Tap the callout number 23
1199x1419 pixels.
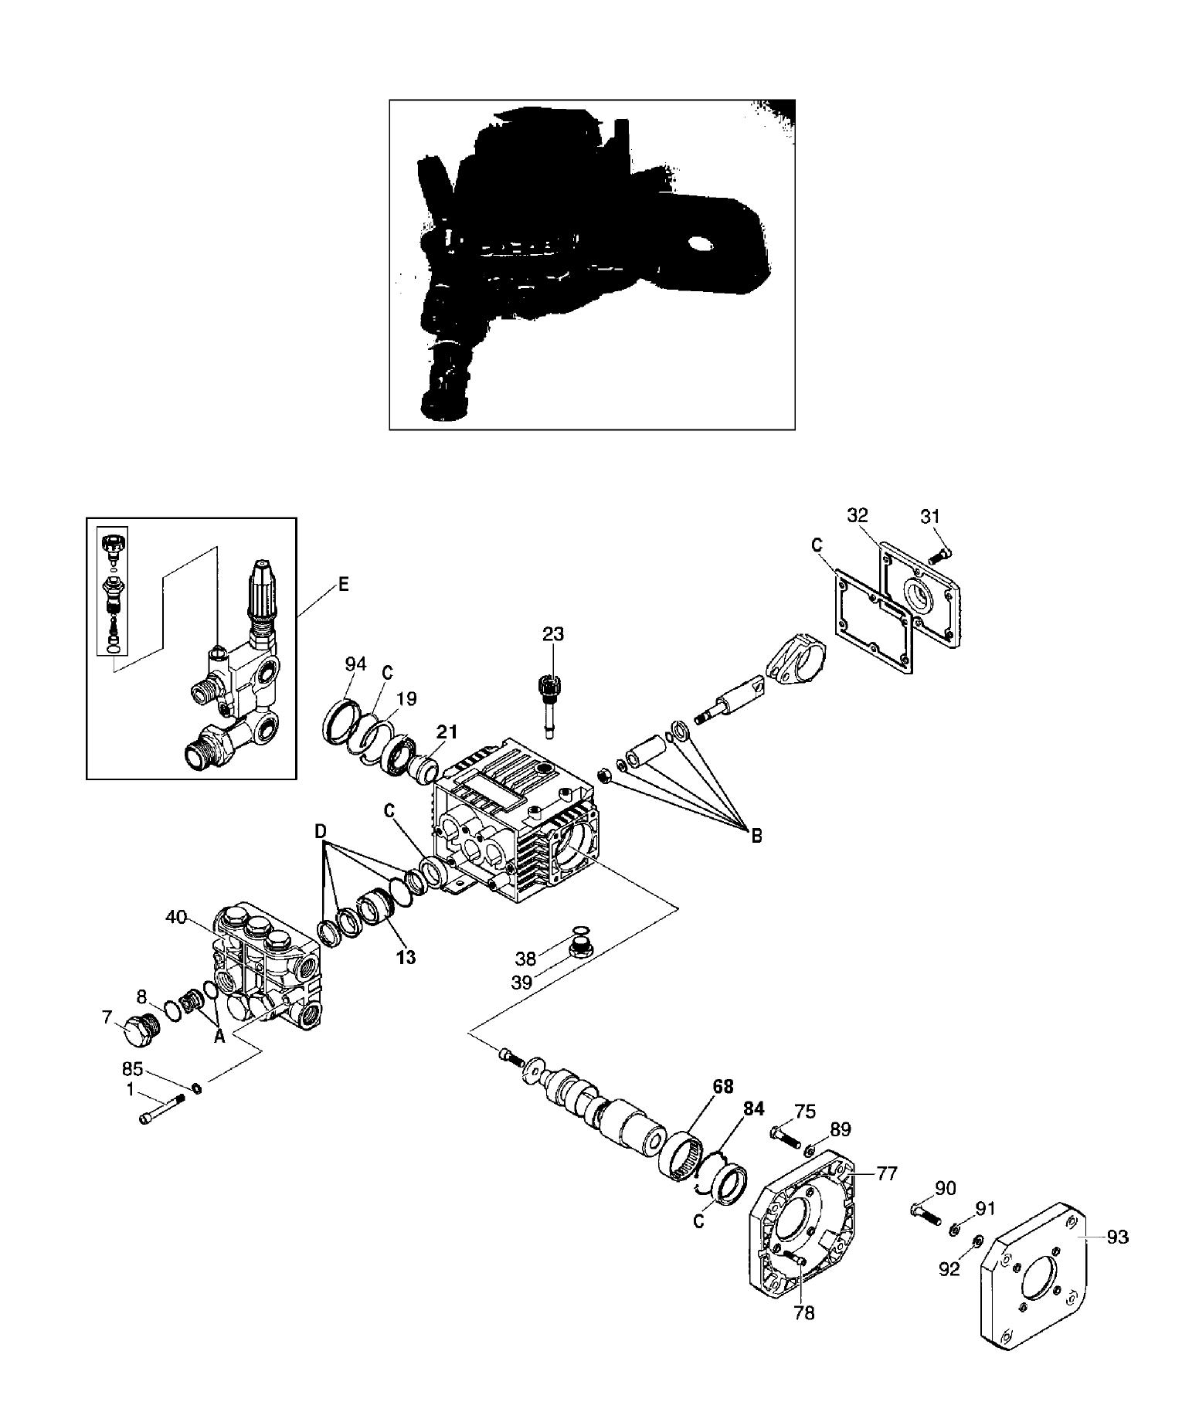[x=553, y=634]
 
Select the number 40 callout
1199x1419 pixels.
[x=176, y=917]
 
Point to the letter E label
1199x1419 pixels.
[x=344, y=584]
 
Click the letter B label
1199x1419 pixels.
[x=757, y=835]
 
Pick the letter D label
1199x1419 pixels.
[x=321, y=831]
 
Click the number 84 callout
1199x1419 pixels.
[x=753, y=1109]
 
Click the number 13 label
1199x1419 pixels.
[x=406, y=957]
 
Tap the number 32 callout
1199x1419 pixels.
[x=858, y=515]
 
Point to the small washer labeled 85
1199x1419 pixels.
[x=197, y=1088]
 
